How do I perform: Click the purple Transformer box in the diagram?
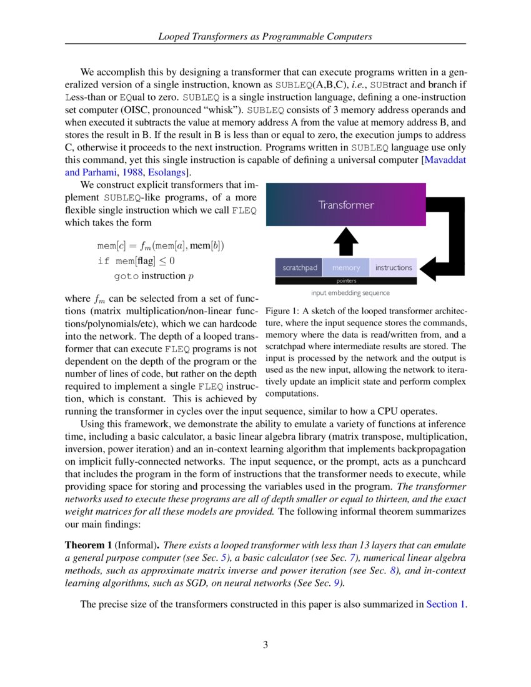346,205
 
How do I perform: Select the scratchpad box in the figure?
299,267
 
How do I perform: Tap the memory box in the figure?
346,267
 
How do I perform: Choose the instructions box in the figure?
394,267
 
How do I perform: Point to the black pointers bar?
346,281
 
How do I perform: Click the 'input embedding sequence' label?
350,292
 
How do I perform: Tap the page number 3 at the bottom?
265,645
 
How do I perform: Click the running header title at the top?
265,36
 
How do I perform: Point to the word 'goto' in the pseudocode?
126,276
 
